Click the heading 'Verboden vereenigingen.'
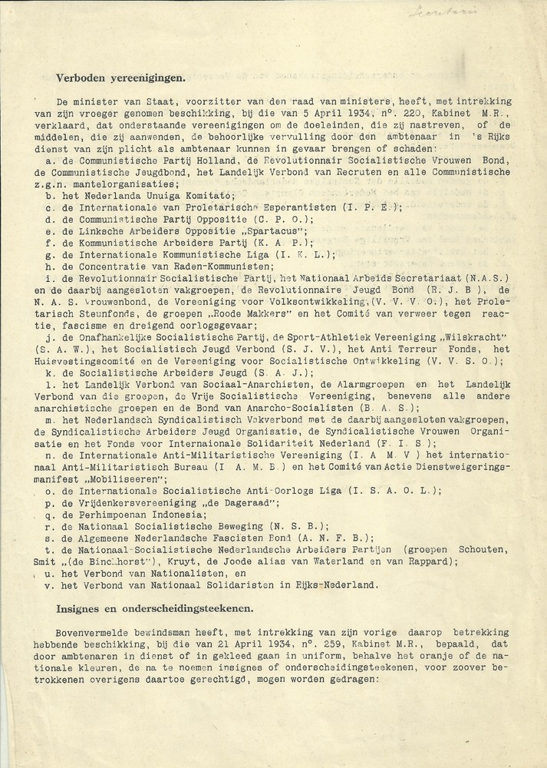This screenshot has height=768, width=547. [120, 77]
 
